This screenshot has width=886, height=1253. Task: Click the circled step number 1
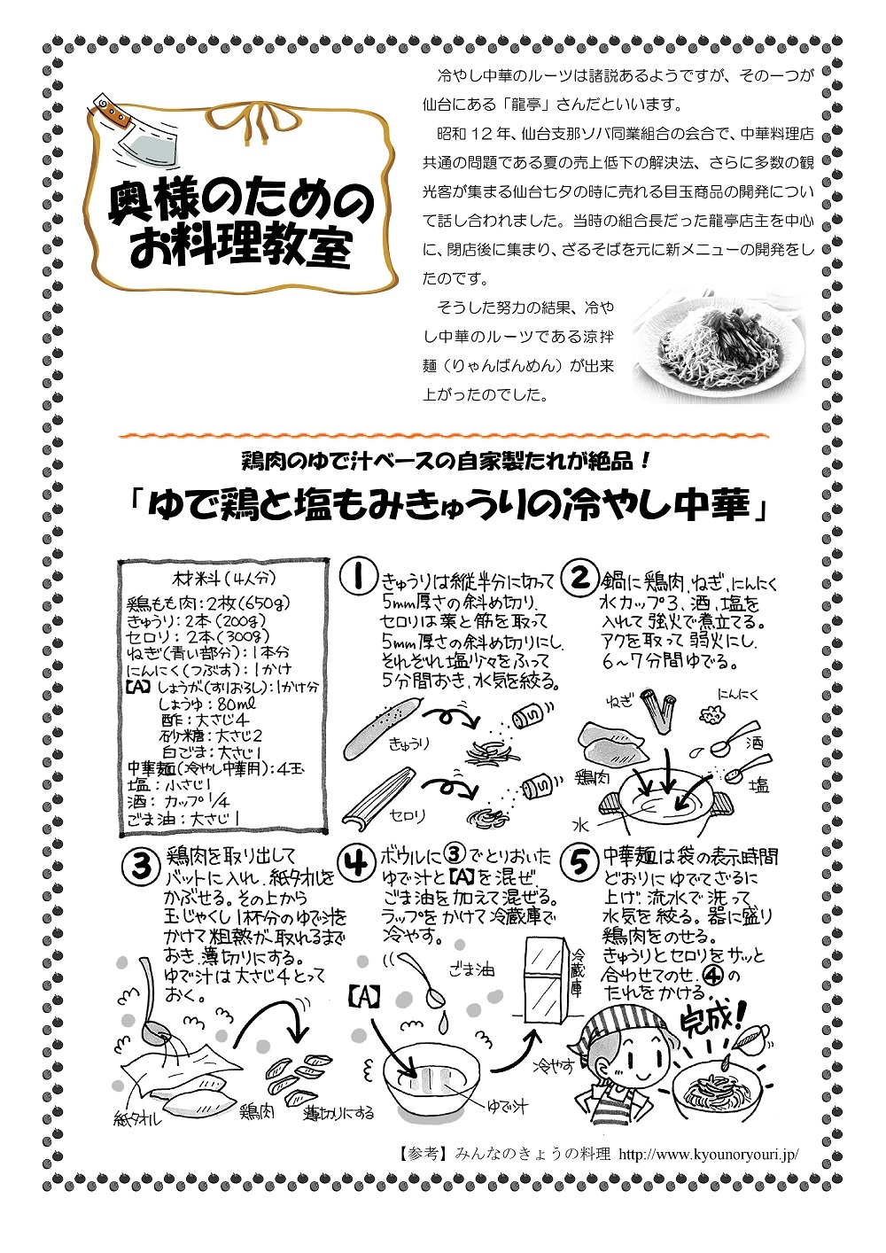(356, 578)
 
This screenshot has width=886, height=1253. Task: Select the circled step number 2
(580, 578)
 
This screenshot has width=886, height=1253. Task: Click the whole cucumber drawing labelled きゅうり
(382, 726)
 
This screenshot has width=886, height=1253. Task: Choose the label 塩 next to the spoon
(759, 785)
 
